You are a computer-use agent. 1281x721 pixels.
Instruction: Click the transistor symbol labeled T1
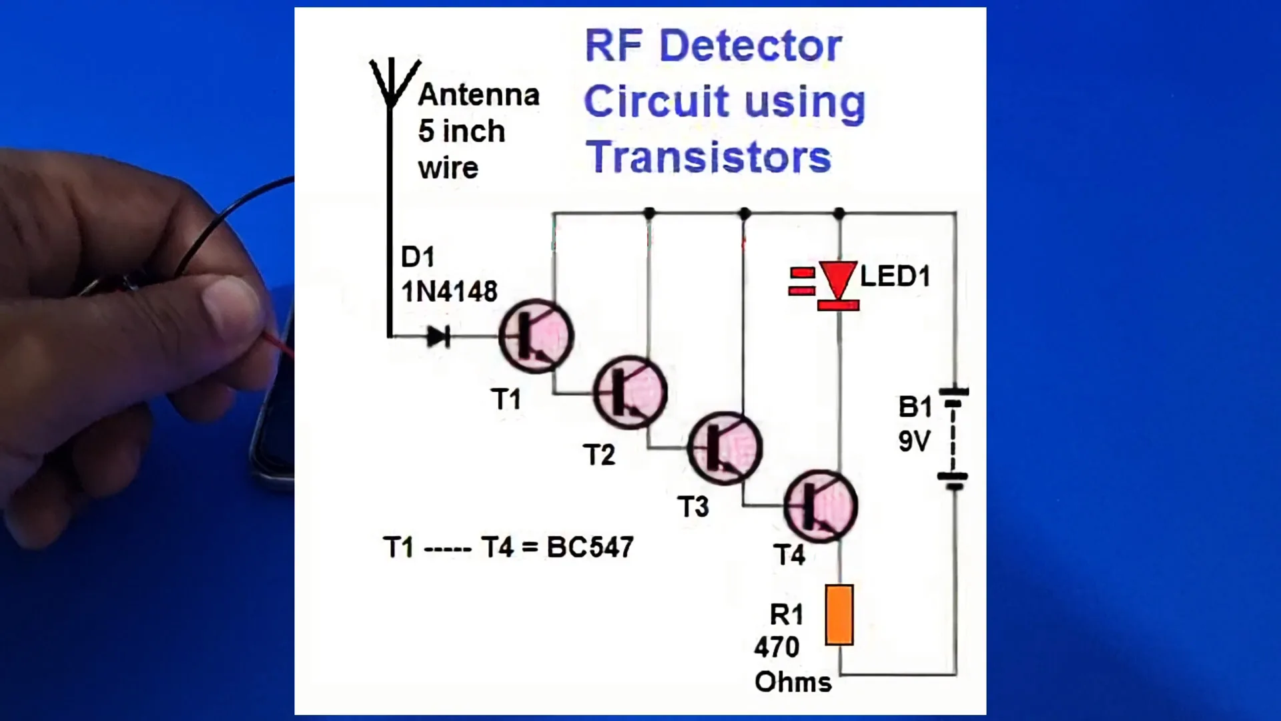coord(536,336)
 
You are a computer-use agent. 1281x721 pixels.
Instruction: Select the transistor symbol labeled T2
coord(630,392)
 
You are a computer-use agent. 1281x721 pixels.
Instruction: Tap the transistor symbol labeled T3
coord(725,447)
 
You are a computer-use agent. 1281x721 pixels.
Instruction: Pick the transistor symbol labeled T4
coord(820,505)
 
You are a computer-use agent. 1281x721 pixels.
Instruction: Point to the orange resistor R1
coord(839,615)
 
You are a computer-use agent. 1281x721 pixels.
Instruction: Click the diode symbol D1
coord(438,336)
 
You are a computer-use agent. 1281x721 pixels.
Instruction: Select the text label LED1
coord(895,276)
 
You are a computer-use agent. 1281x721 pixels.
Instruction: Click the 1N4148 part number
coord(449,291)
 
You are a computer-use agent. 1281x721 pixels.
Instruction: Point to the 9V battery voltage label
coord(914,441)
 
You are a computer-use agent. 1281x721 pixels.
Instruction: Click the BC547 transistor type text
coord(590,547)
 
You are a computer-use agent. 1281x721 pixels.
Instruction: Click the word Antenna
coord(478,95)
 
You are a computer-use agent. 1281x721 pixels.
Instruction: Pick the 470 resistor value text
coord(777,647)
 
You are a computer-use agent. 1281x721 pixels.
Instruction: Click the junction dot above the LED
coord(839,214)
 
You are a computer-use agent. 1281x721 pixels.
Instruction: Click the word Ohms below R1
coord(793,682)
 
